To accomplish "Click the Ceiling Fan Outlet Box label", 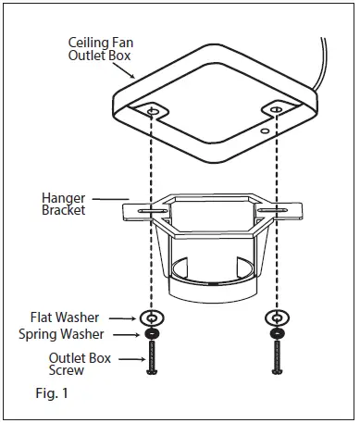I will (x=99, y=49).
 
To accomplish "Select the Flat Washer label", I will (x=68, y=317).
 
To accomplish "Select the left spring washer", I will (x=151, y=332).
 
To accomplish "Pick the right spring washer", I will (x=275, y=332).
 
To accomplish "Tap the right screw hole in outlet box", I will (x=275, y=111).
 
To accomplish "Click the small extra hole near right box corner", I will (x=266, y=132).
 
